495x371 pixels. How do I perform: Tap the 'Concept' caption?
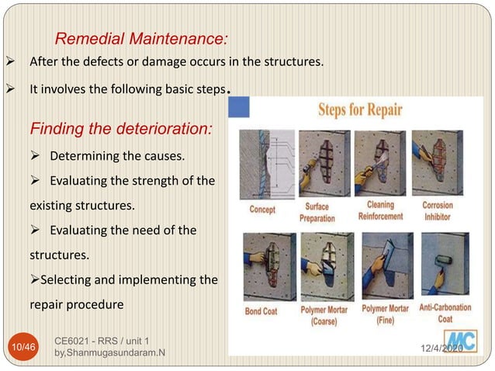262,210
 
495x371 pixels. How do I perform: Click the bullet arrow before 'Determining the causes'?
35,157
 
